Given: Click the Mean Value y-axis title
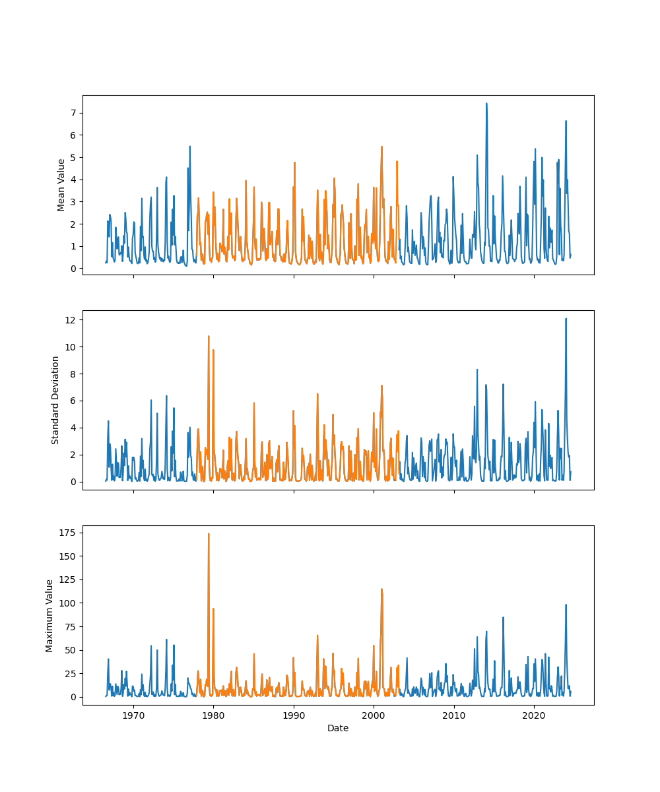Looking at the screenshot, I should [61, 185].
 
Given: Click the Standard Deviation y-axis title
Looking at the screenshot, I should [55, 400].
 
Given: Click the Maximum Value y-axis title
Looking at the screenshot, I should [49, 615].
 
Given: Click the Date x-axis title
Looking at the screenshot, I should [338, 728].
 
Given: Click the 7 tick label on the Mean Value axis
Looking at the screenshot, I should [72, 113].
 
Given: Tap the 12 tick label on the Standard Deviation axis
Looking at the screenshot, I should [69, 320].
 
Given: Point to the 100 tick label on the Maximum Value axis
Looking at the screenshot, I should [67, 603].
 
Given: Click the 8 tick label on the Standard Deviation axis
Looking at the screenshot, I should [72, 374].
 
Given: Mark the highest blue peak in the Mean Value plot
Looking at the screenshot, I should [486, 104].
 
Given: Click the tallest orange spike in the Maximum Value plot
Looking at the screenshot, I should [209, 534].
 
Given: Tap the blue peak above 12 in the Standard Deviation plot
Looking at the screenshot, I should [566, 319].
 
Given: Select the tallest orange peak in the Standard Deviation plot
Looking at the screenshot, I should [209, 337].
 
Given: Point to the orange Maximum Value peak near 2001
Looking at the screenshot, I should [381, 589].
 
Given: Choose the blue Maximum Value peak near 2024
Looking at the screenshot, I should [566, 605].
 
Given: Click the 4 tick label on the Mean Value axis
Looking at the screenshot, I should [72, 180].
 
